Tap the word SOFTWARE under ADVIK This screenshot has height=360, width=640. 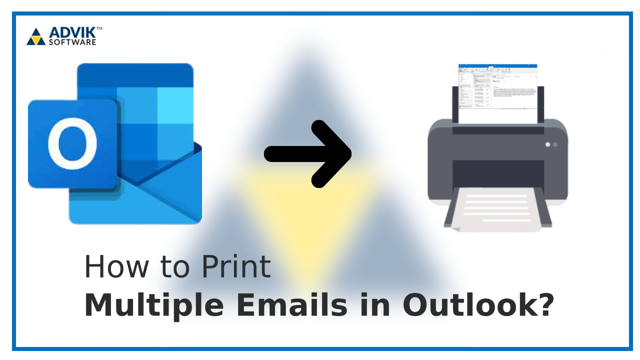click(x=72, y=42)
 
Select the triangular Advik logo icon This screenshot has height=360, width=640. click(x=35, y=37)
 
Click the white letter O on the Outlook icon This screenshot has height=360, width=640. click(x=72, y=143)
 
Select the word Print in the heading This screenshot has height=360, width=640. click(x=236, y=267)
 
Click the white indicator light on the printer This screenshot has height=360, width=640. click(x=547, y=144)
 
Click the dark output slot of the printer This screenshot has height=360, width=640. click(x=497, y=172)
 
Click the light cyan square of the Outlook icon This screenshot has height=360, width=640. click(x=175, y=105)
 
